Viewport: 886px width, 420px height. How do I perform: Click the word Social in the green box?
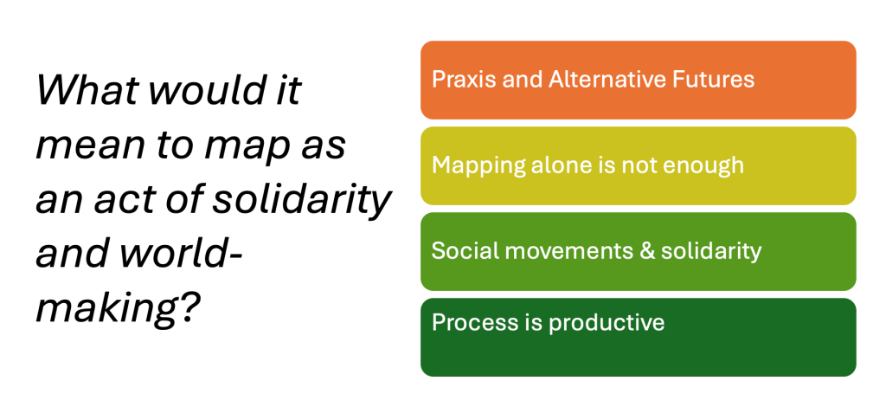[459, 250]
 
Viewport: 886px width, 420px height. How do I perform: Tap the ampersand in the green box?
[647, 250]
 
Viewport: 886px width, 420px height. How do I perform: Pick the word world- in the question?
[180, 255]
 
